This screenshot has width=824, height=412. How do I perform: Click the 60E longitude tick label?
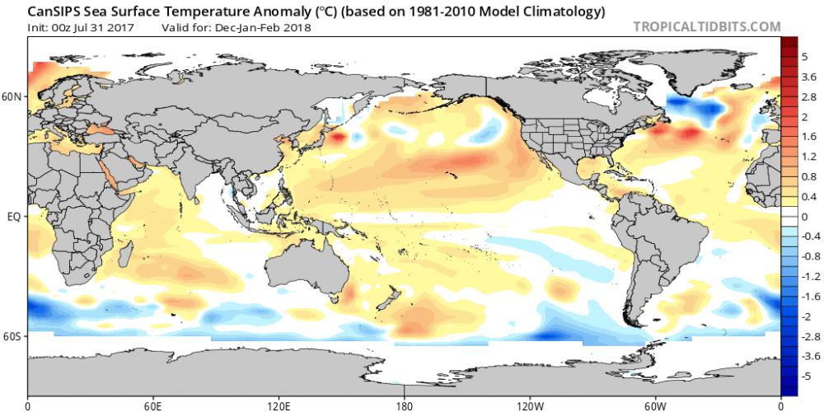click(153, 405)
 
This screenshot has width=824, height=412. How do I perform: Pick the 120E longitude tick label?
click(279, 405)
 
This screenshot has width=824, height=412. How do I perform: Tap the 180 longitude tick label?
click(404, 405)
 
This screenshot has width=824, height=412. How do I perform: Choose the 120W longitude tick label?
click(529, 405)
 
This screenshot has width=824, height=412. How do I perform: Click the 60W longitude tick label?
click(654, 405)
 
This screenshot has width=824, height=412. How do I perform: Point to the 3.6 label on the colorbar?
click(809, 76)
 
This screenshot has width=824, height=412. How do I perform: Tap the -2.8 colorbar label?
click(809, 336)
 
